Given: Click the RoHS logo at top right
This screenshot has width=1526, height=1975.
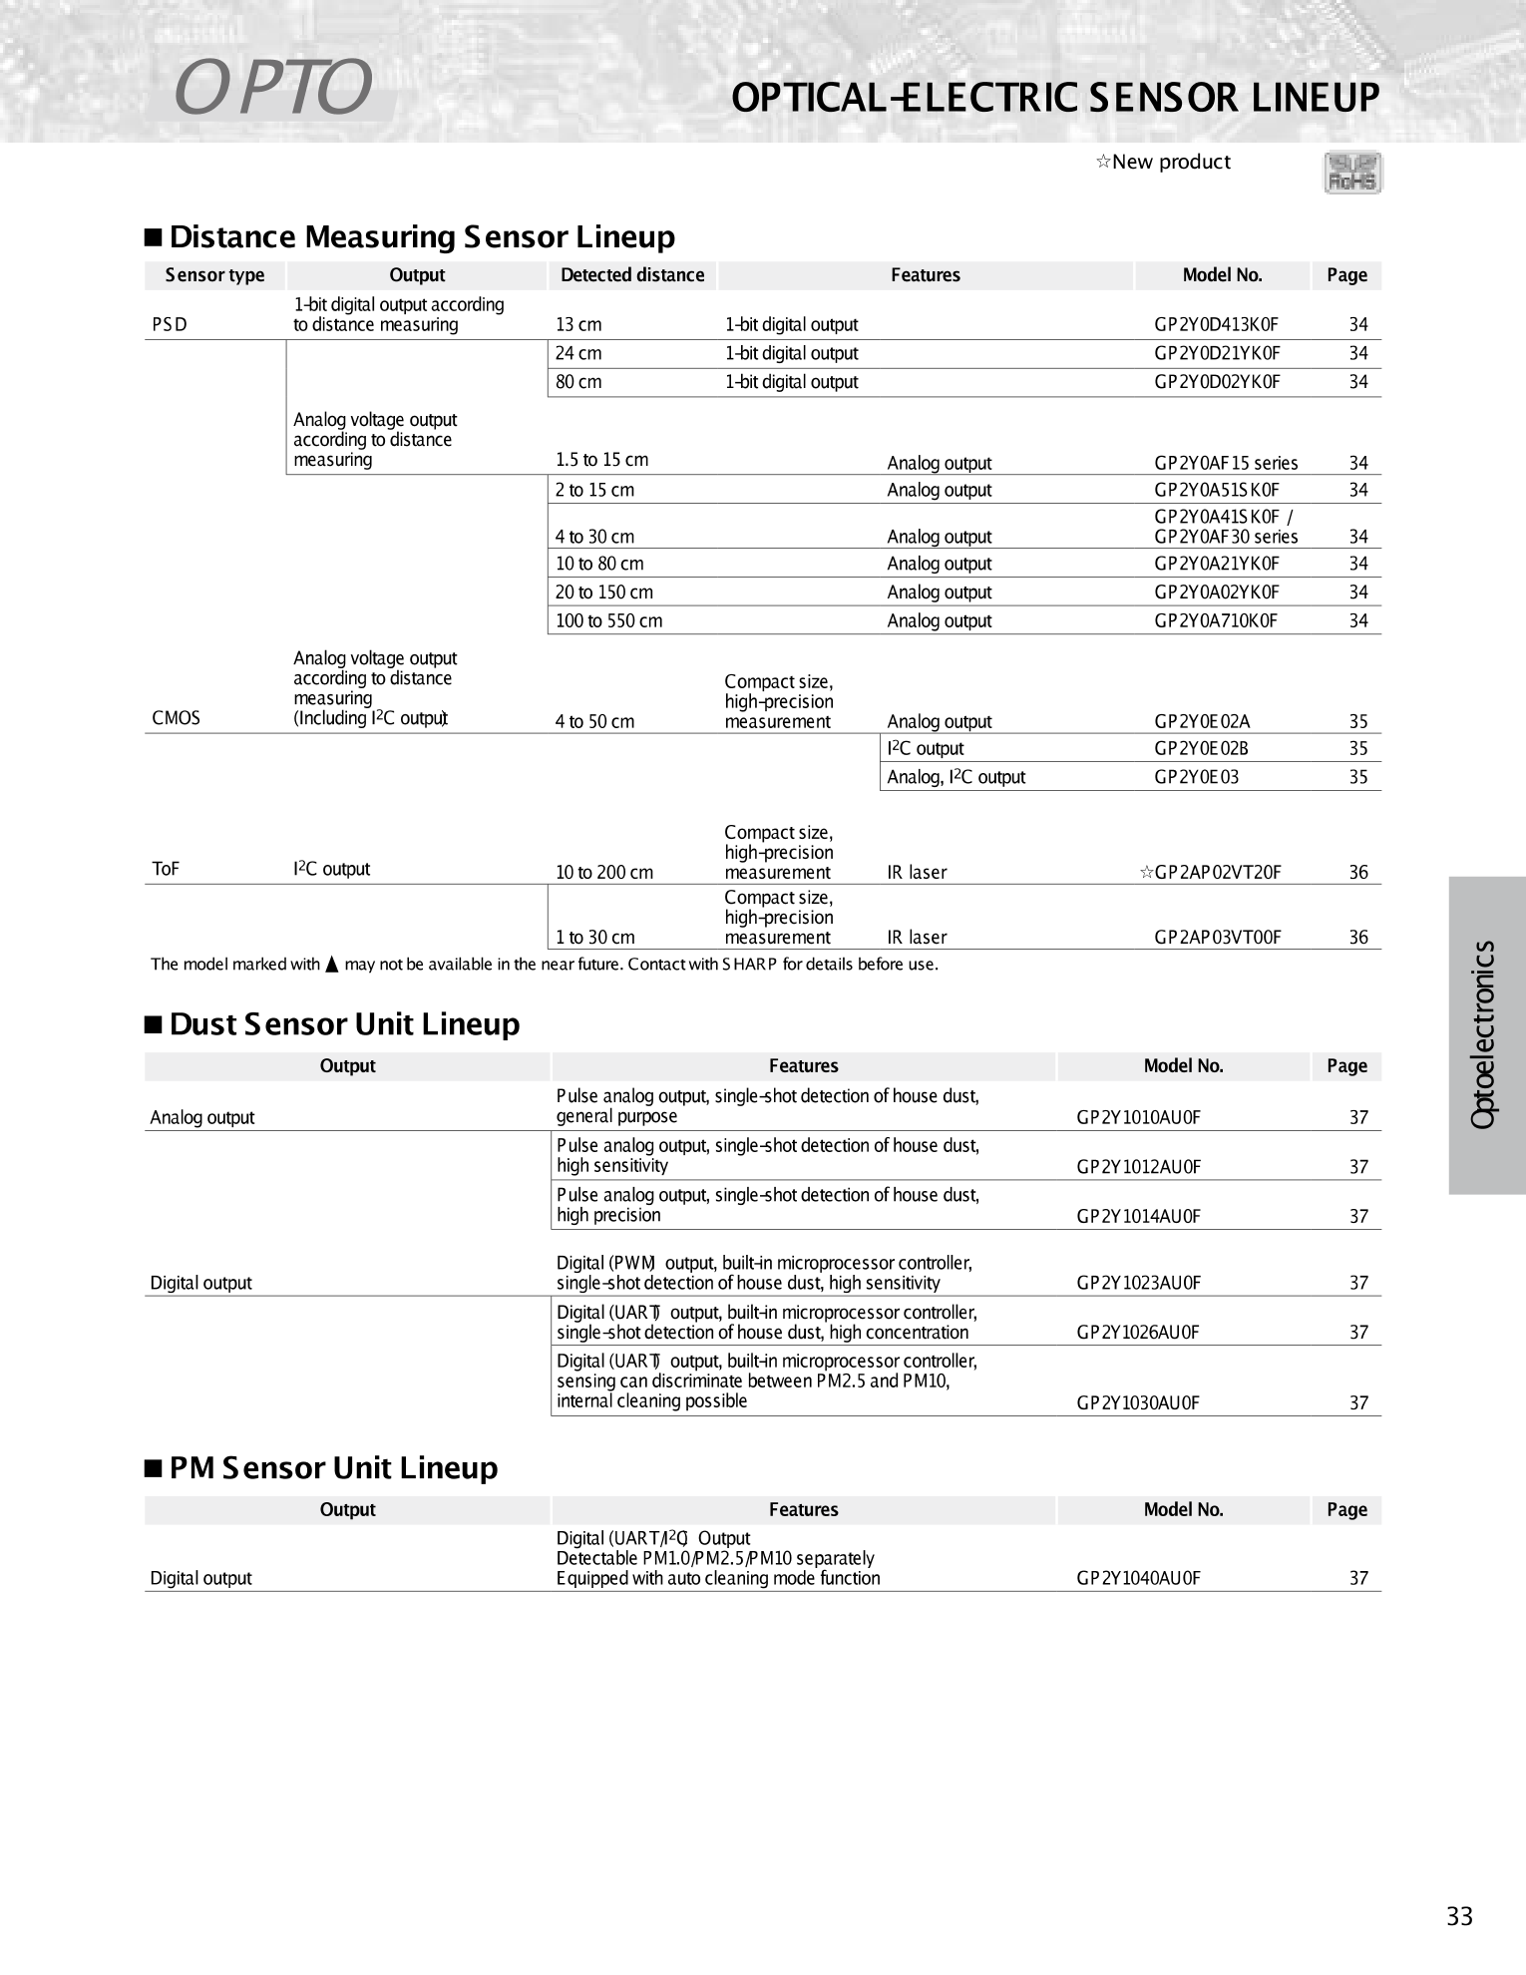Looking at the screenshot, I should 1352,173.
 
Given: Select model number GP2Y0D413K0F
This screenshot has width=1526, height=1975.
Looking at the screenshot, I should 1216,325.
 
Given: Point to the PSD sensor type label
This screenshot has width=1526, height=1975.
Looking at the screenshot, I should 170,325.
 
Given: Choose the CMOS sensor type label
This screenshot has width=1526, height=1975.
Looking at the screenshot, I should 176,718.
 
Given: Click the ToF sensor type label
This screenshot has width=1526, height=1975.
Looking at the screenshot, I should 166,869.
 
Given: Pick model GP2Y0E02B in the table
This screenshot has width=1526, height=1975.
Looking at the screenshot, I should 1201,749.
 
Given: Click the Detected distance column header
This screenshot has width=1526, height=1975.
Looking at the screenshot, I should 632,275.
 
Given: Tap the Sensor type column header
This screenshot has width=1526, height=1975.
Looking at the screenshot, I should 214,275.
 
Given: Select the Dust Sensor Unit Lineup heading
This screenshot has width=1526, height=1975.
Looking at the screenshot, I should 344,1024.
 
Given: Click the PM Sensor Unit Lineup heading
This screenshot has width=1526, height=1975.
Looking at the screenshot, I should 333,1468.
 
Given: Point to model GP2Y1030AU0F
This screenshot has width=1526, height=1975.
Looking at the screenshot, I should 1138,1403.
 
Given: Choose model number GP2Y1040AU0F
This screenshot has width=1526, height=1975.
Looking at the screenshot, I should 1138,1578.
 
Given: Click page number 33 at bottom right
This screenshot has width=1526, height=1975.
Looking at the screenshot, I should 1459,1916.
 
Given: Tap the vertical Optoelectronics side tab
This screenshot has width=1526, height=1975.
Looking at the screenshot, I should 1485,1034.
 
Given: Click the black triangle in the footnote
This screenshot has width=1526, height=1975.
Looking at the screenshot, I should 333,964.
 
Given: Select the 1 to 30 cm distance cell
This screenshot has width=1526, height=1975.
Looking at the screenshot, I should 594,938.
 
